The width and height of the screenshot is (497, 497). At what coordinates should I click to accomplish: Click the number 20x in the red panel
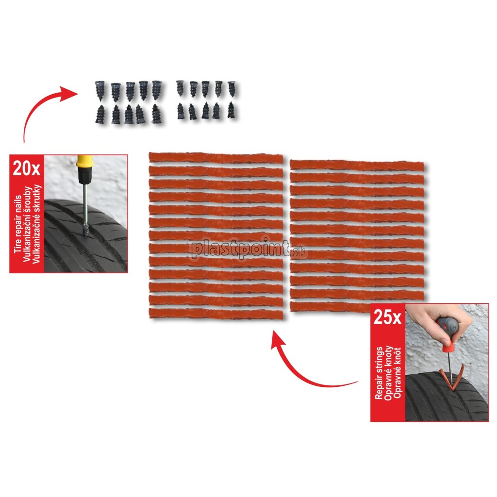click(x=26, y=168)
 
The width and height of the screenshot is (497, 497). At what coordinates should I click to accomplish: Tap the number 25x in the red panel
click(x=387, y=316)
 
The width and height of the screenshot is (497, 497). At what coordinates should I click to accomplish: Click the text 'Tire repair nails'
click(x=18, y=224)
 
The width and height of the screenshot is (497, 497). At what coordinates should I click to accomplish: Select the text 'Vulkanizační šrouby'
click(x=27, y=224)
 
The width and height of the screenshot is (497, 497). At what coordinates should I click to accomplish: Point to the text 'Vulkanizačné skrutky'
click(x=37, y=224)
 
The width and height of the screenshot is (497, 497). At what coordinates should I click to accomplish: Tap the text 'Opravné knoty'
click(x=388, y=373)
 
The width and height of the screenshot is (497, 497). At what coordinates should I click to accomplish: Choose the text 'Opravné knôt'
click(x=398, y=373)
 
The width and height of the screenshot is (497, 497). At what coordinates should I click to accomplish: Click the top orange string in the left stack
click(x=216, y=158)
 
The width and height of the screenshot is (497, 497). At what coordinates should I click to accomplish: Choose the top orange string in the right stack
click(x=357, y=165)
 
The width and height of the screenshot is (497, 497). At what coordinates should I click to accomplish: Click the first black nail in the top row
click(x=100, y=91)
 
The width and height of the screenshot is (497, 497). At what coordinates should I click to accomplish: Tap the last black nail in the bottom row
click(x=232, y=110)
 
